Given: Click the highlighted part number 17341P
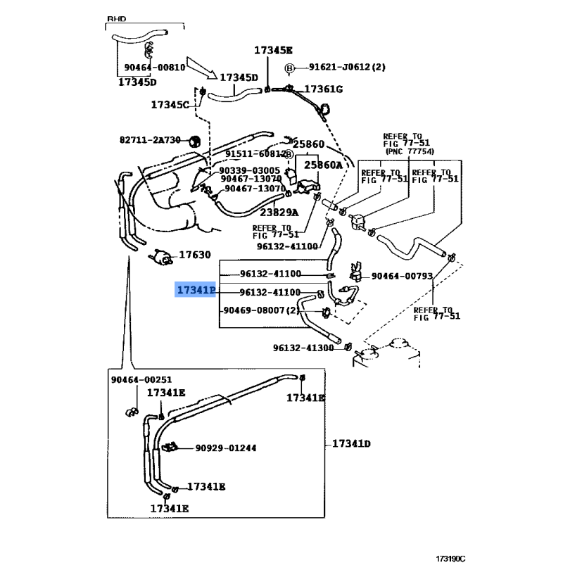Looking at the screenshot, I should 196,290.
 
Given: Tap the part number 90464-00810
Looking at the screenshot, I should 155,68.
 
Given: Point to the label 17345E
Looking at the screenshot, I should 273,50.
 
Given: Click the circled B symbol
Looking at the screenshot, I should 289,68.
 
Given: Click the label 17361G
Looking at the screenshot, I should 323,89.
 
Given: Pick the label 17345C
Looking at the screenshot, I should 170,105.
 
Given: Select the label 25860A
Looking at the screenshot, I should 322,165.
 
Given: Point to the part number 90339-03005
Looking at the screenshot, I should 249,170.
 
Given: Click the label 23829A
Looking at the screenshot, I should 279,212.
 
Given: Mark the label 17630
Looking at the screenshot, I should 194,255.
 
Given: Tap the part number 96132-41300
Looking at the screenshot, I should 303,348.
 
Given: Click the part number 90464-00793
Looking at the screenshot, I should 402,277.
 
